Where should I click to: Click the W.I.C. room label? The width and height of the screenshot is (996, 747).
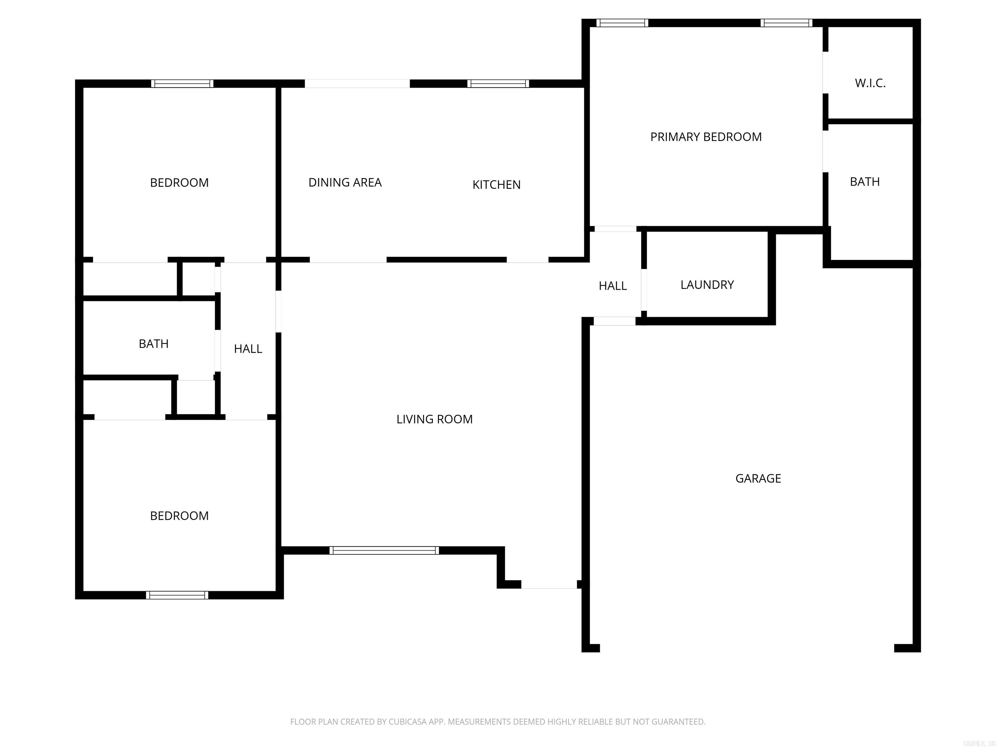pyautogui.click(x=870, y=83)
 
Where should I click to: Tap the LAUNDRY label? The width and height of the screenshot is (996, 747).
pyautogui.click(x=707, y=285)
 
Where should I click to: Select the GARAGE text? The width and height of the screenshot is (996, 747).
pyautogui.click(x=758, y=479)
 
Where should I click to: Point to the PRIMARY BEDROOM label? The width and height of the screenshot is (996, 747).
pyautogui.click(x=705, y=137)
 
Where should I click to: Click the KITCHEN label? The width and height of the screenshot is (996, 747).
pyautogui.click(x=496, y=184)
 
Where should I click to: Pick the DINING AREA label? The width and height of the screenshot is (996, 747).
pyautogui.click(x=345, y=182)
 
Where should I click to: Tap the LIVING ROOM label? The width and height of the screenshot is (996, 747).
pyautogui.click(x=434, y=419)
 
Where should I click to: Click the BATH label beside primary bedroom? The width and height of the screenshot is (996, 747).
pyautogui.click(x=864, y=182)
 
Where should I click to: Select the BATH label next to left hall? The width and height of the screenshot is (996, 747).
pyautogui.click(x=154, y=344)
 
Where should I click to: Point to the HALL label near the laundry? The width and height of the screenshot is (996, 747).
pyautogui.click(x=612, y=286)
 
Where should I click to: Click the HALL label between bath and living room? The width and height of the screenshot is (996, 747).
pyautogui.click(x=248, y=349)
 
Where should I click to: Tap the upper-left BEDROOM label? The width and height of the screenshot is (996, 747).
pyautogui.click(x=179, y=183)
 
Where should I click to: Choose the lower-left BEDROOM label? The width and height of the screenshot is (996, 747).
pyautogui.click(x=179, y=516)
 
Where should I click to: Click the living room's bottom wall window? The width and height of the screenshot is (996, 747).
pyautogui.click(x=384, y=550)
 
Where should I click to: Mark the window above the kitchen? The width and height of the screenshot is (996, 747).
pyautogui.click(x=498, y=84)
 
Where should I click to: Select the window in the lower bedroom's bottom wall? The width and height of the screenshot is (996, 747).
pyautogui.click(x=177, y=595)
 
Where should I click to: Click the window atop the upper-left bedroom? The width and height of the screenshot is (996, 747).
pyautogui.click(x=182, y=84)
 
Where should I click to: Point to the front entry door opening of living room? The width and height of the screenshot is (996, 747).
pyautogui.click(x=549, y=585)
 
